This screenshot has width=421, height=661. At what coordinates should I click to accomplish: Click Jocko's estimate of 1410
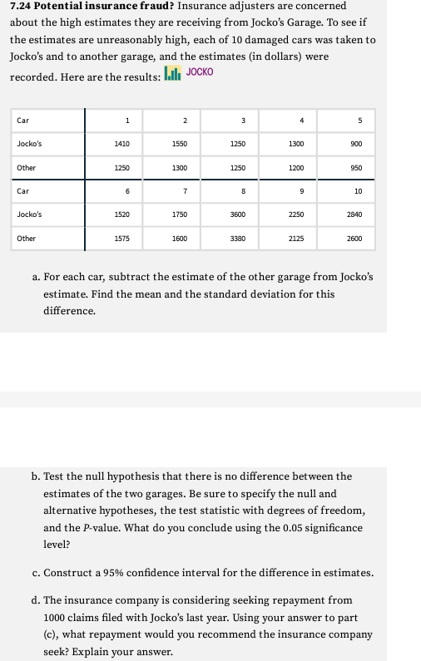pos(121,144)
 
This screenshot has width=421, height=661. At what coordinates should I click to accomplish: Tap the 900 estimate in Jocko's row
pos(357,144)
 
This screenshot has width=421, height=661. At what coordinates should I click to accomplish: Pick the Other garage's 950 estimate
pos(357,168)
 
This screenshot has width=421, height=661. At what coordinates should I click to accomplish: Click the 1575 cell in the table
pos(121,239)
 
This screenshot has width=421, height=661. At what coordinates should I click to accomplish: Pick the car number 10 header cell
pos(358,191)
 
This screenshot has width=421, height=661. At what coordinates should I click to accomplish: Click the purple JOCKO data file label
pos(200,72)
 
